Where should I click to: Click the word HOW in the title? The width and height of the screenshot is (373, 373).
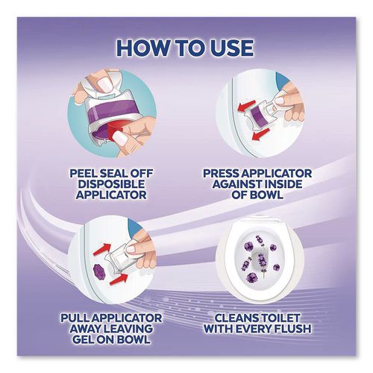141,48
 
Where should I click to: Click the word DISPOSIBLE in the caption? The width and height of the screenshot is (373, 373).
111,184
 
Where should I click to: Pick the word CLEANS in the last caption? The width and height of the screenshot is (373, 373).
232,318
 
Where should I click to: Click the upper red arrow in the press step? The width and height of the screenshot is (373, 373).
245,106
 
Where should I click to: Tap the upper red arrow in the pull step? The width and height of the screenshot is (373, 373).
103,249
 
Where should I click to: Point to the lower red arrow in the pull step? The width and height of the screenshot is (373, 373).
119,279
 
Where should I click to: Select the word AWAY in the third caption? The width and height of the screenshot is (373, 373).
84,329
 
